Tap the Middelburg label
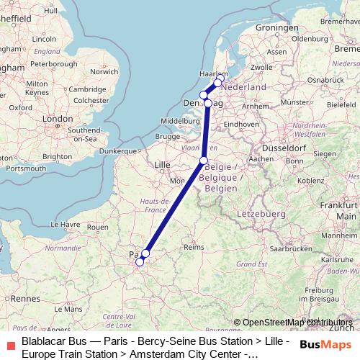click(180, 120)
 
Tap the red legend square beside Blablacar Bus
click(10, 345)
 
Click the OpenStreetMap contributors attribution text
click(297, 322)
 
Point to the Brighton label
click(58, 156)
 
